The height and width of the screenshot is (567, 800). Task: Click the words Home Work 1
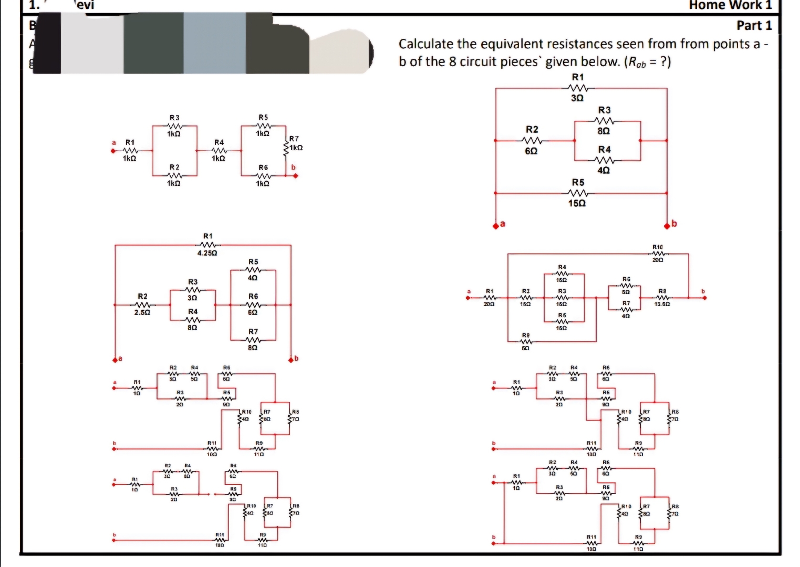(x=730, y=5)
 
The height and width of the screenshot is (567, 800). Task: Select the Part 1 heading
(x=754, y=25)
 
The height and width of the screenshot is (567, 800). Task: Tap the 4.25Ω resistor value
(x=207, y=253)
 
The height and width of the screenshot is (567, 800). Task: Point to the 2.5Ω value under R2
(x=142, y=312)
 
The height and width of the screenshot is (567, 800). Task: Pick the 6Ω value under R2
(x=532, y=151)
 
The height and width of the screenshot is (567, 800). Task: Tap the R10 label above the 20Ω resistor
(x=658, y=247)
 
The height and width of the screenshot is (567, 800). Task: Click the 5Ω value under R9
(x=525, y=348)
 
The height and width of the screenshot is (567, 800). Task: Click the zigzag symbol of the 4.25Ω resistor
(x=208, y=245)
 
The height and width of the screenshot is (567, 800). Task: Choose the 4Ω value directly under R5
(x=253, y=277)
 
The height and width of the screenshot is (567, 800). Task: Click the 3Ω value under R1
(x=577, y=98)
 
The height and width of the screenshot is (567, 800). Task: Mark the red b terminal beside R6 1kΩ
(x=295, y=176)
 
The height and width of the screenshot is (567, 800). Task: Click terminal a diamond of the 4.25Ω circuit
(x=115, y=360)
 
